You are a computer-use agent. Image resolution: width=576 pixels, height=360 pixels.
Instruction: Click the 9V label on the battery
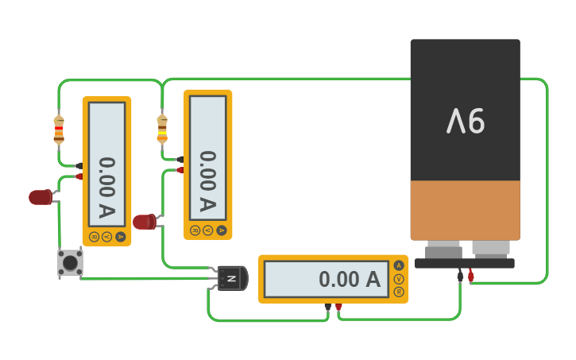[466, 121]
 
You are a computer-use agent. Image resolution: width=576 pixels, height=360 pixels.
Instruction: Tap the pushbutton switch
[70, 262]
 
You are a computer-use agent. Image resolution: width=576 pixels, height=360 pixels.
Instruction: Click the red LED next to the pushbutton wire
[40, 197]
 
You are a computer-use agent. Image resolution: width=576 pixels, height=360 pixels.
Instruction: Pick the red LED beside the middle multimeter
[144, 222]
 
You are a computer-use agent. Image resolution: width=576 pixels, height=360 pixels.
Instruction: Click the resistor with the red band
[59, 130]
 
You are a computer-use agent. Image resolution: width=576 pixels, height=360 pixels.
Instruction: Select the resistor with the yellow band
[162, 128]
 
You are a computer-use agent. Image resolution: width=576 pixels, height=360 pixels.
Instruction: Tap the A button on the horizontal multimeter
[399, 265]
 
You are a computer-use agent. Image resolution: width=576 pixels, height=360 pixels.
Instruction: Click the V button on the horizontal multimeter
[399, 279]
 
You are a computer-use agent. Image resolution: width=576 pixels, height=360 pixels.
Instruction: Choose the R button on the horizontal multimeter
[399, 292]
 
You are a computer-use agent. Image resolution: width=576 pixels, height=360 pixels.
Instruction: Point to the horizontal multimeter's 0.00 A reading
[350, 280]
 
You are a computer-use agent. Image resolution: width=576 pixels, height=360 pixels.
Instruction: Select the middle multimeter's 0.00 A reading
[207, 182]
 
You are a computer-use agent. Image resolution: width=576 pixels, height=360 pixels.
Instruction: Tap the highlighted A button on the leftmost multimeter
[120, 236]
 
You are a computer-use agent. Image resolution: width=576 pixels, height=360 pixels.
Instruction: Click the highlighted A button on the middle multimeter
[221, 230]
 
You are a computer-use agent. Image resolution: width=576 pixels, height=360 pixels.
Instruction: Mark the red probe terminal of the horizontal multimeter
[338, 306]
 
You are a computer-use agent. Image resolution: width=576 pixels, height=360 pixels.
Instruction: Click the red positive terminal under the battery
[470, 277]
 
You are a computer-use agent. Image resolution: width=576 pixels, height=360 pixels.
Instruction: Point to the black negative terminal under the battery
[460, 277]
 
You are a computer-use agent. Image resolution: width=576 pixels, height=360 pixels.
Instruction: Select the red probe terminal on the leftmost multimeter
[79, 176]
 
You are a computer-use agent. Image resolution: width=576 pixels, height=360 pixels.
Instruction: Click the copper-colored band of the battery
[466, 210]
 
